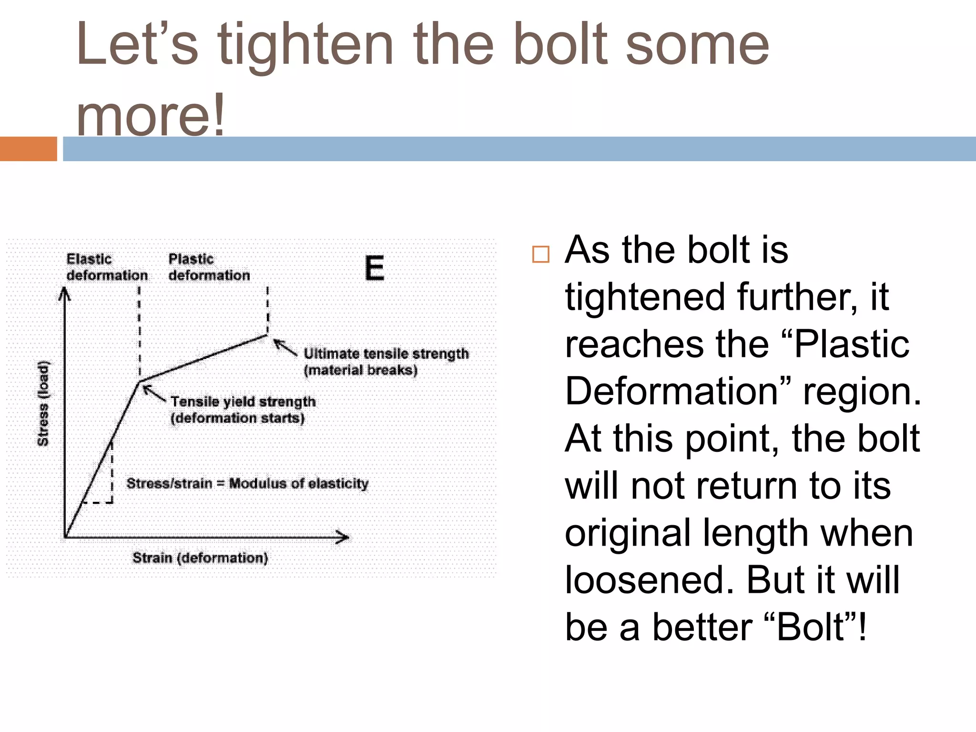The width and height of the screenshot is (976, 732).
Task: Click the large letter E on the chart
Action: tap(375, 268)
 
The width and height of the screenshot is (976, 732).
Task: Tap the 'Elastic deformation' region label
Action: tap(107, 267)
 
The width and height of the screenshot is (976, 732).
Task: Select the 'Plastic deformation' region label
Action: tap(209, 267)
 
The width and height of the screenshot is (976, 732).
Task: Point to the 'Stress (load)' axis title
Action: tap(43, 404)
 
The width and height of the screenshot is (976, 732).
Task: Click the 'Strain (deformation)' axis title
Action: tap(200, 558)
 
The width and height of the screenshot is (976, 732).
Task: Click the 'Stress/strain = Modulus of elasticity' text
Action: tap(247, 483)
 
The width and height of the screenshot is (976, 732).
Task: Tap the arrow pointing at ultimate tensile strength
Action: tap(285, 347)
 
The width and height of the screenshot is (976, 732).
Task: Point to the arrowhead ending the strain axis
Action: tap(343, 538)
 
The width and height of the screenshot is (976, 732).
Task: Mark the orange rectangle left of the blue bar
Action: tap(28, 149)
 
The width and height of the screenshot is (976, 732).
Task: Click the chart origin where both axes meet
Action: tap(65, 538)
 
